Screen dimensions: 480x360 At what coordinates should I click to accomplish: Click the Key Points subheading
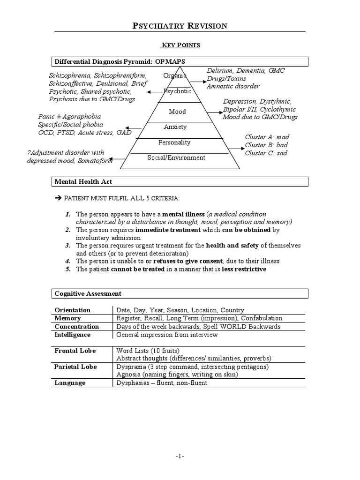[x=180, y=45]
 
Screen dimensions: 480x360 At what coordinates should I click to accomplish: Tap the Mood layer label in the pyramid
[x=177, y=112]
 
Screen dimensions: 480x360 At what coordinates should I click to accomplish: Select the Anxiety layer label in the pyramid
[x=175, y=127]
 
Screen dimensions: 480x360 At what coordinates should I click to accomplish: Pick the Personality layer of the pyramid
[x=174, y=142]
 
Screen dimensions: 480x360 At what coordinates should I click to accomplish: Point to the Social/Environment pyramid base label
[x=176, y=157]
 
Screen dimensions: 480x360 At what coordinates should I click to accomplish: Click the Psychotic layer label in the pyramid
[x=177, y=91]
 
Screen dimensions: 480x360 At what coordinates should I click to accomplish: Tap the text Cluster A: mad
[x=267, y=137]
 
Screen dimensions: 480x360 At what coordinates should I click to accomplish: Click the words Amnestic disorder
[x=233, y=86]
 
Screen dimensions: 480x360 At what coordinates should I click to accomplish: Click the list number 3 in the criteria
[x=67, y=245]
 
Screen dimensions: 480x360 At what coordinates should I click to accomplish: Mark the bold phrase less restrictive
[x=244, y=269]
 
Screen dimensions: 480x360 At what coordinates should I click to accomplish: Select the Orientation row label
[x=73, y=310]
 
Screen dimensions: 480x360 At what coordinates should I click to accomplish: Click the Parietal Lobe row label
[x=75, y=367]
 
